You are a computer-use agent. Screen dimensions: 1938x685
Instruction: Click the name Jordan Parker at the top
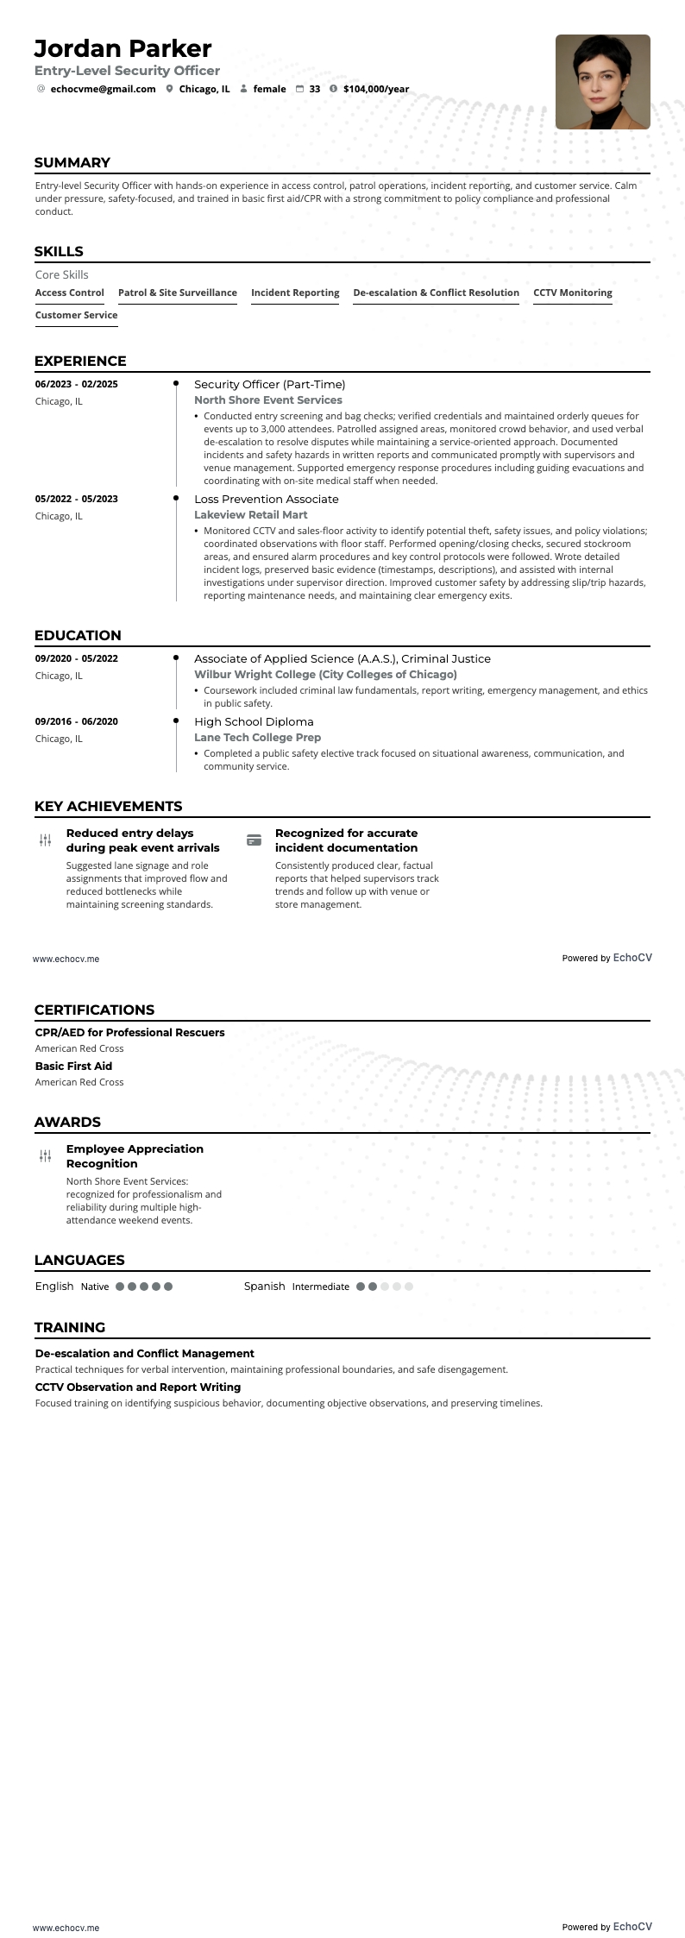pyautogui.click(x=123, y=48)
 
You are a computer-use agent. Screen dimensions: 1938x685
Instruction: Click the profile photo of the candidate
pyautogui.click(x=602, y=82)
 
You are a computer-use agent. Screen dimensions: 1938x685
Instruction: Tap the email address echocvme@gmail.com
pyautogui.click(x=103, y=89)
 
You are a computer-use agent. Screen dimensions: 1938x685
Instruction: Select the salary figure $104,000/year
pyautogui.click(x=375, y=89)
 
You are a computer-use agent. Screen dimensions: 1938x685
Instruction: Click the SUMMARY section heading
pyautogui.click(x=72, y=163)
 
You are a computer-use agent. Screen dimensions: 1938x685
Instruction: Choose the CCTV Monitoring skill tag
pyautogui.click(x=572, y=293)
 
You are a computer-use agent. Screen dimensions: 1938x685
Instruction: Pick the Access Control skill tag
pyautogui.click(x=69, y=293)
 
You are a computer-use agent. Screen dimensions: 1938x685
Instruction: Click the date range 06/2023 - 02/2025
pyautogui.click(x=76, y=384)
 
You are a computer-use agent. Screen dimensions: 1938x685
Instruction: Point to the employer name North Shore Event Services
pyautogui.click(x=267, y=400)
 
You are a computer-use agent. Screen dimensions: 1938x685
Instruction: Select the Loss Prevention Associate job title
pyautogui.click(x=266, y=500)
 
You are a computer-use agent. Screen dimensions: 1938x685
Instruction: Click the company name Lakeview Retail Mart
pyautogui.click(x=250, y=515)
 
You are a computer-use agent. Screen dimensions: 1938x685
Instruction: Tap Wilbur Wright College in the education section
pyautogui.click(x=325, y=675)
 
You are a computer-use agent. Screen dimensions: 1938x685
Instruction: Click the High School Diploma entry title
pyautogui.click(x=254, y=722)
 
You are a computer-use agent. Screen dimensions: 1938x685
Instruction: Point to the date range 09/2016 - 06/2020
pyautogui.click(x=76, y=721)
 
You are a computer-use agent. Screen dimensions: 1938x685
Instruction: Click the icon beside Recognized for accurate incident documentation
pyautogui.click(x=254, y=840)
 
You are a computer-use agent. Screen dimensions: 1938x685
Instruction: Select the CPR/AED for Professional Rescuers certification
pyautogui.click(x=129, y=1033)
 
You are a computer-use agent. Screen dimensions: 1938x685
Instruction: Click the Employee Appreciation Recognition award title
pyautogui.click(x=135, y=1156)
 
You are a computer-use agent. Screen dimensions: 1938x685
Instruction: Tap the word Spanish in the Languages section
pyautogui.click(x=264, y=1287)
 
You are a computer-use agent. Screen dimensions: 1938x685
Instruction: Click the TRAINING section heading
pyautogui.click(x=70, y=1328)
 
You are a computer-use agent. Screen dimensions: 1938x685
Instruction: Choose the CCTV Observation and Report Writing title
pyautogui.click(x=138, y=1387)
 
